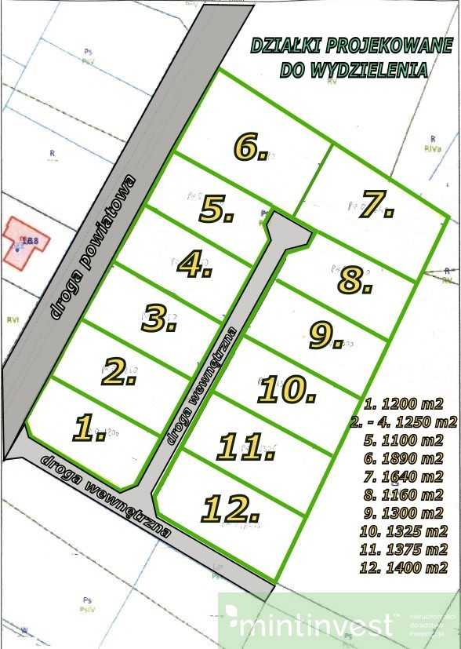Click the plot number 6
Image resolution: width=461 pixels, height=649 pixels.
coord(250,147)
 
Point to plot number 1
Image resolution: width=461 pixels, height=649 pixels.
coord(89,428)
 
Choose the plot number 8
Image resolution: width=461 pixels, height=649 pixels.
coord(354,279)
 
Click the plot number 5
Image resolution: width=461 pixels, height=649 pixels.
coord(216,210)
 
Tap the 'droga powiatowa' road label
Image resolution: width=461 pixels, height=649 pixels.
coord(93,246)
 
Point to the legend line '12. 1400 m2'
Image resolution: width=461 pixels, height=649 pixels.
coord(403,567)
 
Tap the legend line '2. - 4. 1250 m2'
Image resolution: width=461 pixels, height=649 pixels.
coord(409,423)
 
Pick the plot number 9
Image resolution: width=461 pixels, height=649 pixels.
coord(325,336)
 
